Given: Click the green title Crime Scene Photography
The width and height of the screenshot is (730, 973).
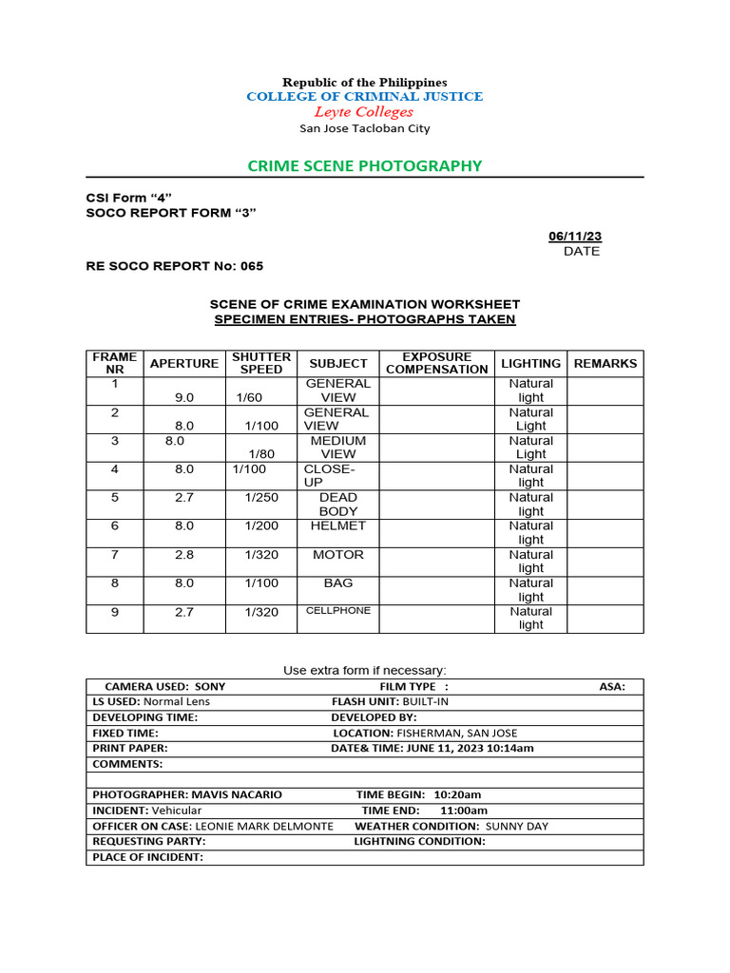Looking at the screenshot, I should (x=365, y=166).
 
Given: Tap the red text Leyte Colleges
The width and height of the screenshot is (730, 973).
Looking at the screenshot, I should (x=365, y=112).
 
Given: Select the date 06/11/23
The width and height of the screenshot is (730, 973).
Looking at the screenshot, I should (x=575, y=236).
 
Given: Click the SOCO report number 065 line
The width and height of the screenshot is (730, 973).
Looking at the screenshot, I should (x=175, y=266).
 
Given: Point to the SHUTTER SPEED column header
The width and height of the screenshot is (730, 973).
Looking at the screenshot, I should (x=260, y=363).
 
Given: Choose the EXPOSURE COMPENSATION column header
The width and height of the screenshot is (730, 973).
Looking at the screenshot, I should (x=436, y=363).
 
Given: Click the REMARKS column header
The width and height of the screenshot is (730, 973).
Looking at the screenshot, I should (x=605, y=363).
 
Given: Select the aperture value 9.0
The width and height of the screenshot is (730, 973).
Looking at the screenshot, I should (x=184, y=398).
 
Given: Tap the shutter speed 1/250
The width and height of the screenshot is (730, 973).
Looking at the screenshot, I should (x=261, y=497).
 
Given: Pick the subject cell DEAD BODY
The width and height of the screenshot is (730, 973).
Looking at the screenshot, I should (x=337, y=504).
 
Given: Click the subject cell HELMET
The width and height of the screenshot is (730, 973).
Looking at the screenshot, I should (x=337, y=525).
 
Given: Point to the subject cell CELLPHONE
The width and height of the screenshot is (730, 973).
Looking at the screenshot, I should (x=337, y=611).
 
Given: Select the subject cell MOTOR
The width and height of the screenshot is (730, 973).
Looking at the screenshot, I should (x=337, y=554).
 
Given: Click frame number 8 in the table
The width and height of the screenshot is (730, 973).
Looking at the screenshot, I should (x=114, y=582).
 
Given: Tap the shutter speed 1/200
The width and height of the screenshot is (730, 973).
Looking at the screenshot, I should (x=261, y=525).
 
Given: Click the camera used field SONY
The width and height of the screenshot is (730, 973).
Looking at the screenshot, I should (x=209, y=686).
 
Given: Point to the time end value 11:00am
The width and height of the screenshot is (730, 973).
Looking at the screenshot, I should (x=464, y=811).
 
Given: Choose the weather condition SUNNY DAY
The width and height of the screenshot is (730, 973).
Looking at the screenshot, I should (x=517, y=826).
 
